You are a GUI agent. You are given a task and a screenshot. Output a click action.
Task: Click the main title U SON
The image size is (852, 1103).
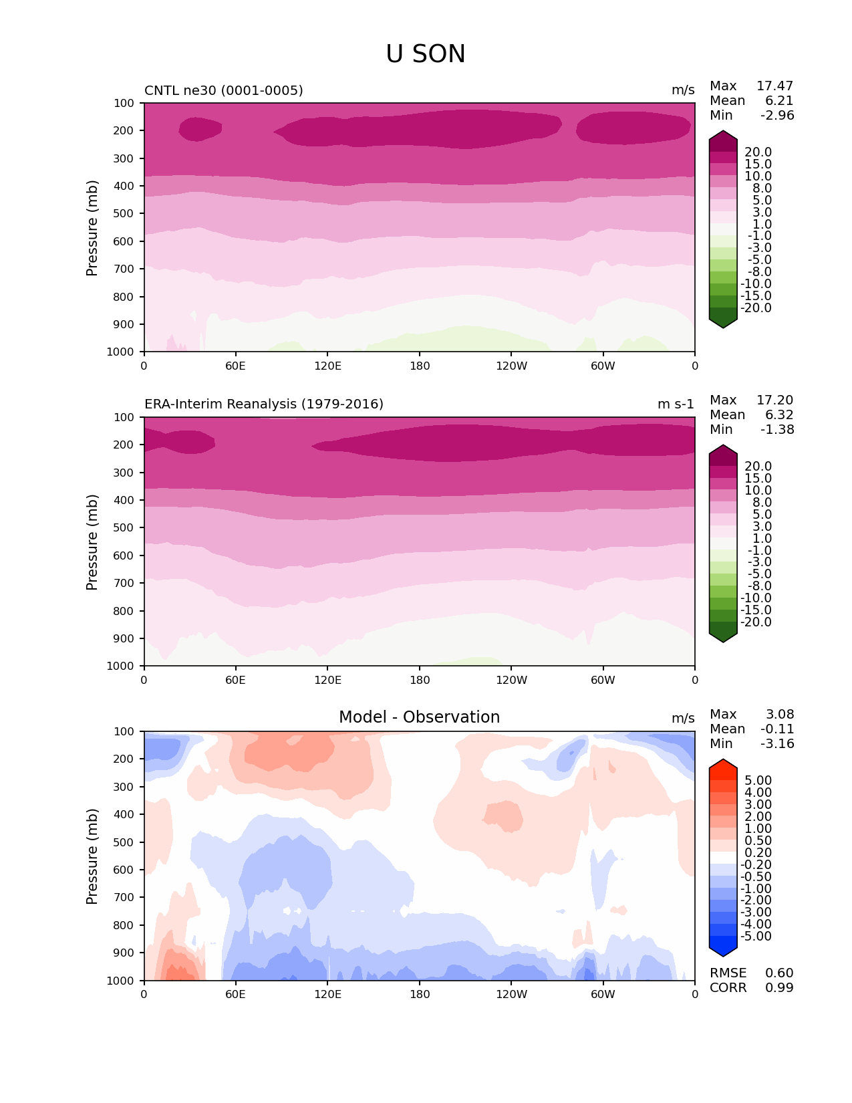click(x=426, y=54)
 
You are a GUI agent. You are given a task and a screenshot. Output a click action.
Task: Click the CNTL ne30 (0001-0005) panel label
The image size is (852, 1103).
click(x=223, y=90)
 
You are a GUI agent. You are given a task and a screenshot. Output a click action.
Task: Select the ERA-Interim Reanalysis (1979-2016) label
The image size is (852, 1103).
click(x=263, y=404)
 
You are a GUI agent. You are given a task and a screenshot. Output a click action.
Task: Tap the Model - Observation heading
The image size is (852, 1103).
click(x=419, y=717)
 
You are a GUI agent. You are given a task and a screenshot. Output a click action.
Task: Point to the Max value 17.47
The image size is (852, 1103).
click(x=774, y=86)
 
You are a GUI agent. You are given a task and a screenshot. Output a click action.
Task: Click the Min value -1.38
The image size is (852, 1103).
click(x=777, y=430)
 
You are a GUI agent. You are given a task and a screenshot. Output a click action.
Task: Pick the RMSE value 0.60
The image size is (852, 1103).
click(x=779, y=973)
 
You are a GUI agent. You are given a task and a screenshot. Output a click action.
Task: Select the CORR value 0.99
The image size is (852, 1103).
click(x=779, y=988)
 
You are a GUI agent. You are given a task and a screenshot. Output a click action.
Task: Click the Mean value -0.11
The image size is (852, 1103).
click(x=777, y=729)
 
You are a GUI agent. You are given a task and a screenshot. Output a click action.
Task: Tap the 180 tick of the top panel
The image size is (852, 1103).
click(x=420, y=366)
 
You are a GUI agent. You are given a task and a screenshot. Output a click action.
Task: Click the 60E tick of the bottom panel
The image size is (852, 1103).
click(x=235, y=994)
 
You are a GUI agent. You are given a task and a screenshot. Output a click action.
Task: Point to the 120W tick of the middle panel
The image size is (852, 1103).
click(x=511, y=680)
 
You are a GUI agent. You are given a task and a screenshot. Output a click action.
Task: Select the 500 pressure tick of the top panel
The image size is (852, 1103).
click(x=124, y=214)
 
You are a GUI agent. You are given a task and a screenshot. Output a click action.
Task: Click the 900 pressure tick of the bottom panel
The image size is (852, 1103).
click(x=124, y=953)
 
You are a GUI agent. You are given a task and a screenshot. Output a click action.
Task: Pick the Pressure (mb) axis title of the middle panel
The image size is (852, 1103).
click(x=92, y=542)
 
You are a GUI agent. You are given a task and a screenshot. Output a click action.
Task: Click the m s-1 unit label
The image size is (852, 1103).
click(x=676, y=404)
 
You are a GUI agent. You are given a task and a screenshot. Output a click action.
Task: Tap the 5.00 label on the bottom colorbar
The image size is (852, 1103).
click(x=758, y=781)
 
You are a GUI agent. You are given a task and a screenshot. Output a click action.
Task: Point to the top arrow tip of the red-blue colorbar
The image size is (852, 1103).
click(x=723, y=760)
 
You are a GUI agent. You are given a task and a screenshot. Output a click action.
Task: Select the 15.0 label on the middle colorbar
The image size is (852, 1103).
click(x=758, y=479)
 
